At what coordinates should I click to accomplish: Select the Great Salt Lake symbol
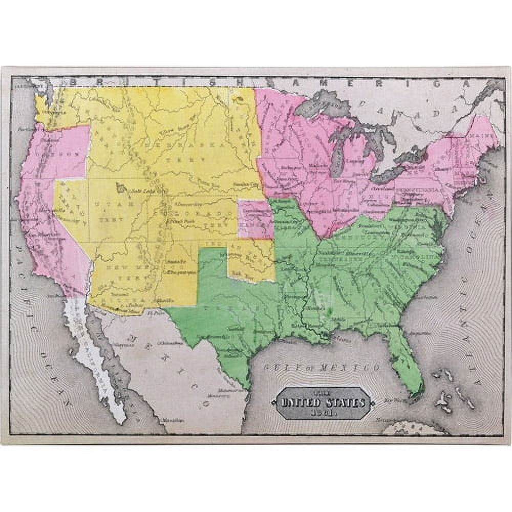pos(122,188)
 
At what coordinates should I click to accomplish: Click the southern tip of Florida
pos(417,392)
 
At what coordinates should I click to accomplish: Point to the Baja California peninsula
pos(97,358)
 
